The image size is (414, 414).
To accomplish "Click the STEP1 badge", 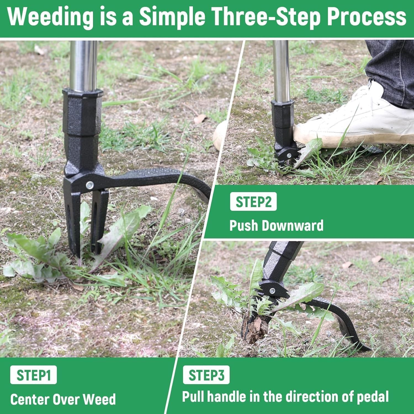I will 33,375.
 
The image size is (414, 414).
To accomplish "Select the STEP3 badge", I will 206,375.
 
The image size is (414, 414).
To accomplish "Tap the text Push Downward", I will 276,225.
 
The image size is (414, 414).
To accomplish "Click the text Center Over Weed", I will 63,399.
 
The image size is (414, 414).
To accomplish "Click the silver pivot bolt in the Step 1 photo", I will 89,185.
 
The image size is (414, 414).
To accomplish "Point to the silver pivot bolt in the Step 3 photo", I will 272,291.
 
